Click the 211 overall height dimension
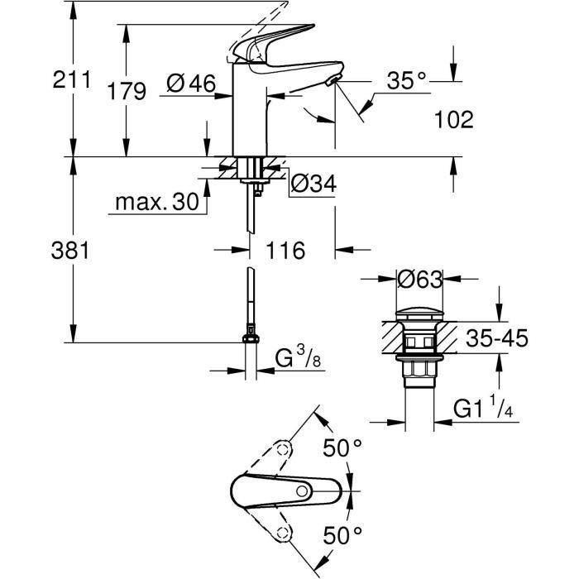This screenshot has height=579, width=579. pos(70,81)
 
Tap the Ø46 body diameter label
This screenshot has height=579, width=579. pos(190,83)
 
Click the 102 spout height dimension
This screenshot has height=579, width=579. pos(453,120)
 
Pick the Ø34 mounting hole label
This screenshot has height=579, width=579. pos(313,185)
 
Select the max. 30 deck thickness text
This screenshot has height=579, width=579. pos(156,203)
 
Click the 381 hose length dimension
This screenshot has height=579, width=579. pos(70,250)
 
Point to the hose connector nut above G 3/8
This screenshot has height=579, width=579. pos(249,337)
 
